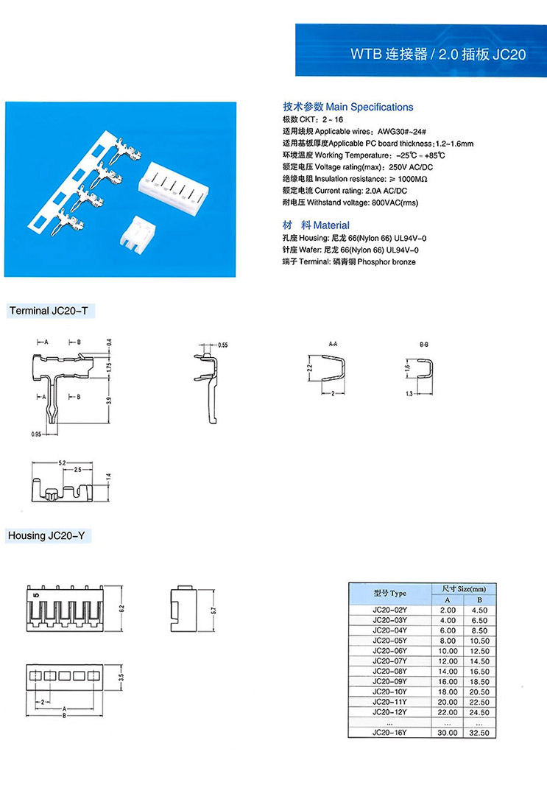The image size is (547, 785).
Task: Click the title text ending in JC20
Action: click(437, 54)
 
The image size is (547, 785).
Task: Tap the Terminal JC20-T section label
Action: click(49, 311)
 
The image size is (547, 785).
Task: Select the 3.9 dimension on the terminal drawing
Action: click(109, 400)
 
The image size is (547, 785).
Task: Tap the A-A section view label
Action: click(333, 344)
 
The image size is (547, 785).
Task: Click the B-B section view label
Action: click(424, 344)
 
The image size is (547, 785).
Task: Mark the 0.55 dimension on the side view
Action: click(223, 345)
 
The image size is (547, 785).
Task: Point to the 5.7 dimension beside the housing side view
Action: click(213, 610)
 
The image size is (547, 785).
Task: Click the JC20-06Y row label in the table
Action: click(389, 650)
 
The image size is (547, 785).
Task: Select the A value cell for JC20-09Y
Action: click(448, 681)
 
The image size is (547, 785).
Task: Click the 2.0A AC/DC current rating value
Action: click(386, 191)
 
